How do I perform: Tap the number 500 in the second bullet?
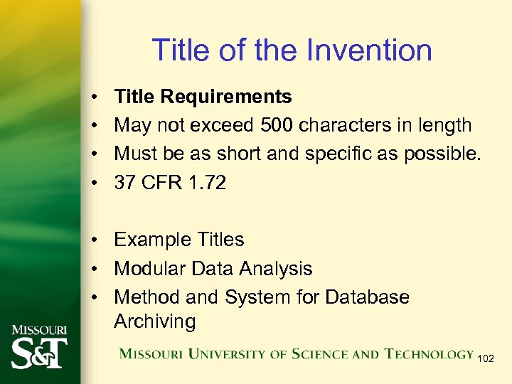276,125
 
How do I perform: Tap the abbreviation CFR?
161,183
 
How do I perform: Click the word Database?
366,297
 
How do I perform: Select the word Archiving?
154,321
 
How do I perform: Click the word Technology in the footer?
430,354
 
